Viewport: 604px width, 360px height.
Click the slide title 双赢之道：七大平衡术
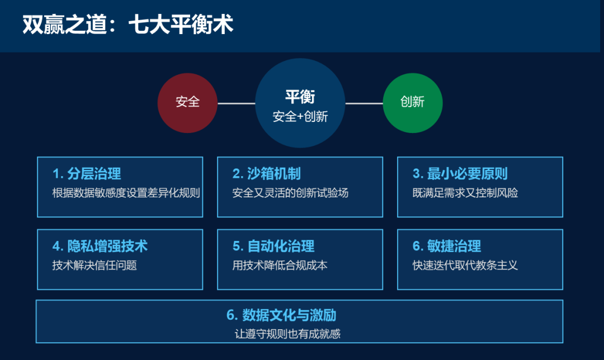[x=128, y=24]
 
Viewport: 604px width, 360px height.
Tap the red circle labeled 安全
[x=187, y=103]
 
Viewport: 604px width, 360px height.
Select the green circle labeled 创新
[x=413, y=103]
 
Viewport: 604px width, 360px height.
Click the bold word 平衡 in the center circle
[x=300, y=97]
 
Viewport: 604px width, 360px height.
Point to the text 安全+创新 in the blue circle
[x=300, y=116]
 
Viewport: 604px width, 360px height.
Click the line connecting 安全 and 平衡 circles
[x=237, y=103]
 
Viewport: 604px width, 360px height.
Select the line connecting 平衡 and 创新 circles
[x=364, y=103]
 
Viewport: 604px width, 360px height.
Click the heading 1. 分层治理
[x=87, y=174]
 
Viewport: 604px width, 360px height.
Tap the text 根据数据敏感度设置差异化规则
[x=126, y=192]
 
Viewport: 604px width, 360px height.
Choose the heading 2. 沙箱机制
[x=267, y=174]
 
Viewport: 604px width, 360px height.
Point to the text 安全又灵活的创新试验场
[x=290, y=192]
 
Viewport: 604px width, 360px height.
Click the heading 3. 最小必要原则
[x=460, y=174]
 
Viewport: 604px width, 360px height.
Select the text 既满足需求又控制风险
[x=465, y=192]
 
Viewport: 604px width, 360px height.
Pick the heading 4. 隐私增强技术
[x=100, y=246]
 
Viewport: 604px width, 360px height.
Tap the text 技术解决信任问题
[x=95, y=265]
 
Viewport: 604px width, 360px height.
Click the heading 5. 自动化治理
[x=273, y=246]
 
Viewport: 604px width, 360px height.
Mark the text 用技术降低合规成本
[x=280, y=265]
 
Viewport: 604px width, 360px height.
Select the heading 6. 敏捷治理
[x=447, y=246]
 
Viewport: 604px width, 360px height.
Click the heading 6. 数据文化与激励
[x=281, y=315]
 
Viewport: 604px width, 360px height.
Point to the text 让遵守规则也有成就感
[x=287, y=333]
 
